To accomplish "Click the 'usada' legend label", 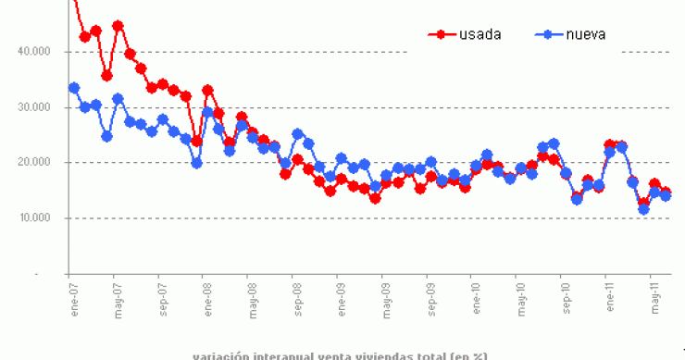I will click(479, 34).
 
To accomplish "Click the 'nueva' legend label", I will click(587, 34).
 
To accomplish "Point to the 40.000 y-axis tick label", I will click(36, 52).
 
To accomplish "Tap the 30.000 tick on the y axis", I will click(36, 107).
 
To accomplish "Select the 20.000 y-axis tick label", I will click(36, 163).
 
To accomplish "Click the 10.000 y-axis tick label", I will click(36, 218).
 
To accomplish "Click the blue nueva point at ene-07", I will click(74, 88).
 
